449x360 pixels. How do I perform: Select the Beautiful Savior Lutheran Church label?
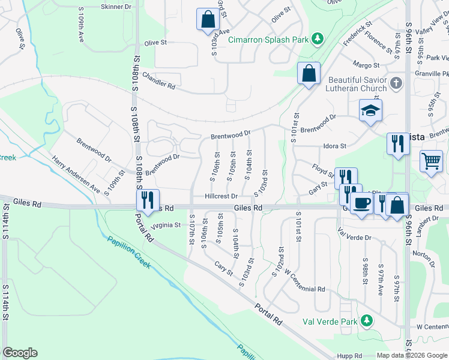(357, 84)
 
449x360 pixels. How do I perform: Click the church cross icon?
(396, 83)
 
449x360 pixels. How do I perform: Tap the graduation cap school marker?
(370, 110)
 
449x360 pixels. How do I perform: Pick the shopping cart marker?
(432, 161)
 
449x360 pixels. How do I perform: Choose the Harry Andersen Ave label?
(75, 174)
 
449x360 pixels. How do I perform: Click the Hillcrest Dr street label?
(221, 196)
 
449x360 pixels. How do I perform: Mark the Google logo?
(20, 353)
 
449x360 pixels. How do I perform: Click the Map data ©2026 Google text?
(412, 355)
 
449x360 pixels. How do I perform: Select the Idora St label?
(334, 146)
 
